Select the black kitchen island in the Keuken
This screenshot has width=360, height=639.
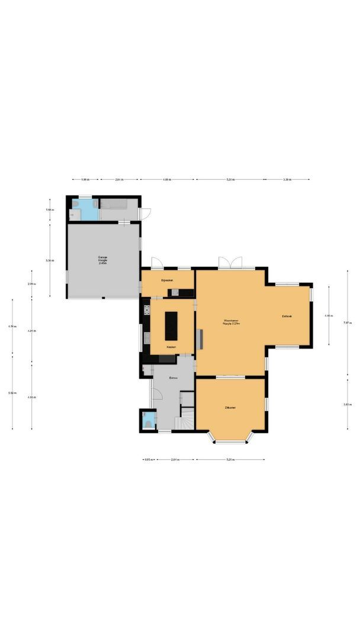point(171,326)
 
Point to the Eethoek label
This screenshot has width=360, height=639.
point(287,317)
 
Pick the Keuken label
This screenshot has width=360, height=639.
point(171,347)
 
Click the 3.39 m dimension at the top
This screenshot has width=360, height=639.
point(287,179)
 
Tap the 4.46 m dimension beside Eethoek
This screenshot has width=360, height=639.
point(329,316)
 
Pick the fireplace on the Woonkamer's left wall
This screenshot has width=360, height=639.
point(200,338)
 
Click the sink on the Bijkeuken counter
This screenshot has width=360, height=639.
point(175,292)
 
